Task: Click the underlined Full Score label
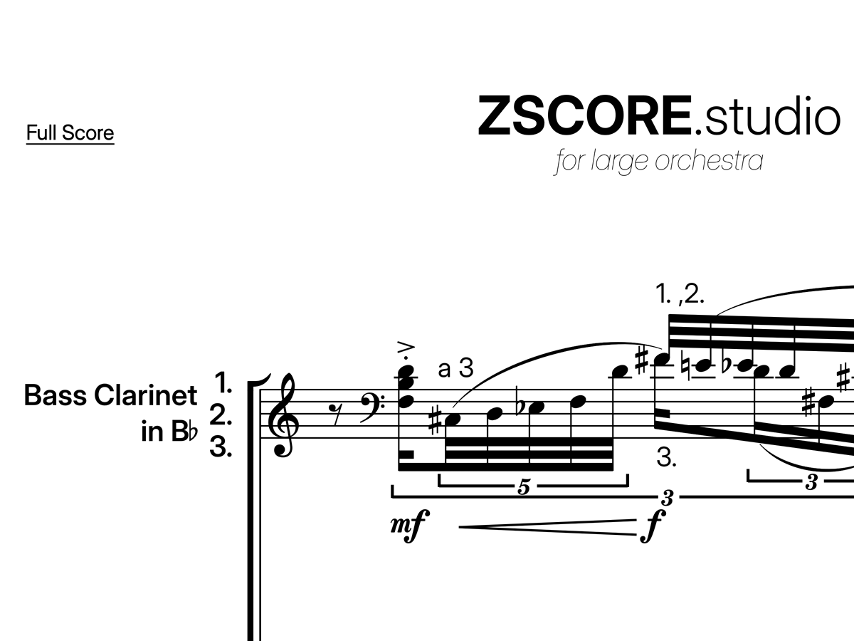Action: click(70, 133)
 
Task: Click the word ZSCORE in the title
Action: click(584, 116)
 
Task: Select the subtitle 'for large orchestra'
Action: click(658, 161)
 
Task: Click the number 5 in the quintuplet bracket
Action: click(524, 488)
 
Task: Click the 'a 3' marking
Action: click(455, 369)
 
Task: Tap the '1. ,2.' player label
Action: click(680, 294)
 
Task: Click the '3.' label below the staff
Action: click(666, 459)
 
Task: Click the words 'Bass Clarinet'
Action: click(110, 395)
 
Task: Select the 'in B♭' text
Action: click(169, 432)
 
